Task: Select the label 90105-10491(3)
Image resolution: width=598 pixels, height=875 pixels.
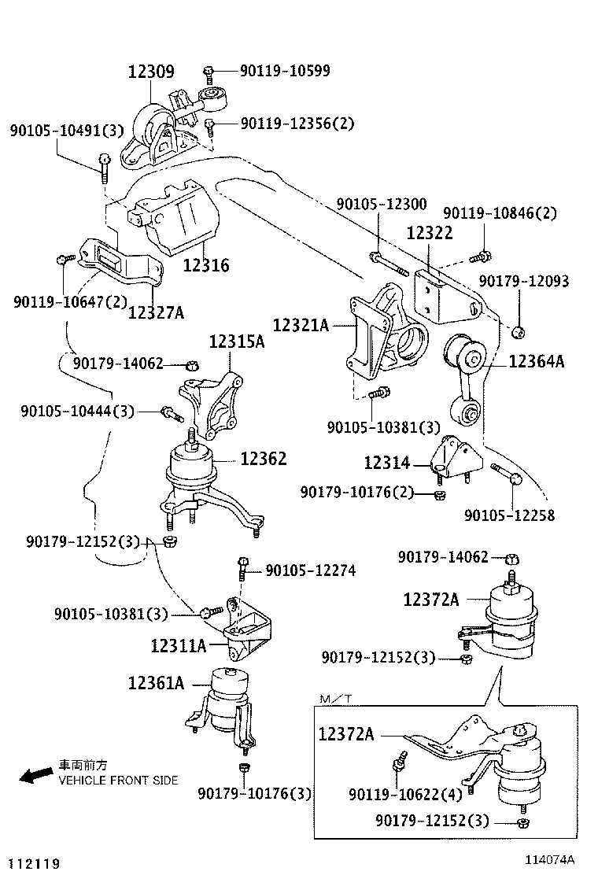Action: coord(67,130)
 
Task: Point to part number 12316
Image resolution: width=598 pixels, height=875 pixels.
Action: coord(206,265)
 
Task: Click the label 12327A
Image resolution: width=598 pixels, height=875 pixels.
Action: coord(156,312)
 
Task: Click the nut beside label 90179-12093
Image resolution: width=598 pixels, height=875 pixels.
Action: coord(518,332)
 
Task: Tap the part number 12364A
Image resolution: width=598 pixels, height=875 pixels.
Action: coord(537,362)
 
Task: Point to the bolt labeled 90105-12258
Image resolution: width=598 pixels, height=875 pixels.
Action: coord(504,474)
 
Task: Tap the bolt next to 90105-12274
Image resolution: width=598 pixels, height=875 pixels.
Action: coord(243,567)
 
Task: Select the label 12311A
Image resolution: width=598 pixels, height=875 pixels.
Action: coord(179,646)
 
